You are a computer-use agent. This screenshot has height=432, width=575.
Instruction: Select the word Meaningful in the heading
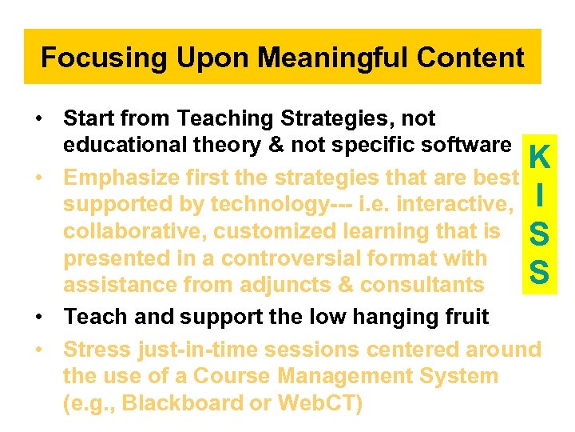coord(316,58)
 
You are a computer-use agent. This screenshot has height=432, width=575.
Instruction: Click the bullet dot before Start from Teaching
coord(39,119)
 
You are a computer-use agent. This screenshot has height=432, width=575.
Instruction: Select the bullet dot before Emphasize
coord(39,176)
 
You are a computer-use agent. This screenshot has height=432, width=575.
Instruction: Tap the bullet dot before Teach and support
coord(39,318)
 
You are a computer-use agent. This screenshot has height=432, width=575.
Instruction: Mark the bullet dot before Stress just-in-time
coord(39,350)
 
